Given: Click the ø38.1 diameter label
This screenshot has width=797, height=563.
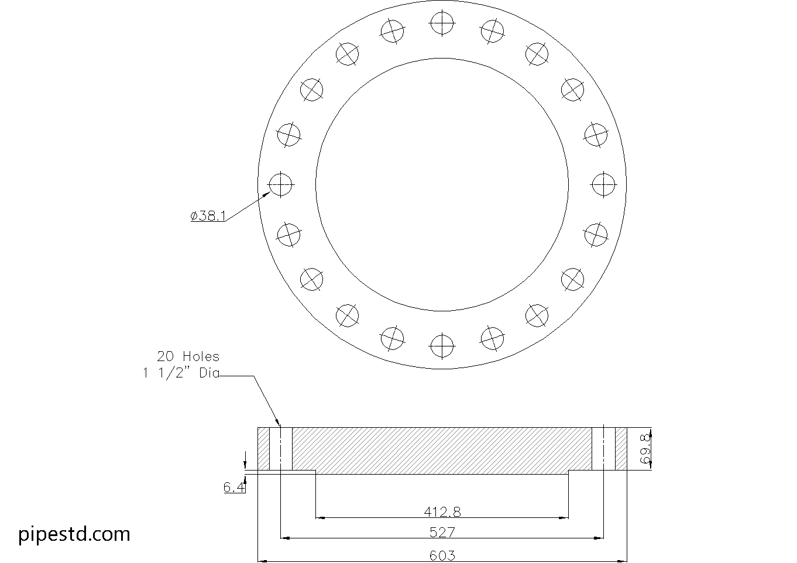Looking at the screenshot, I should click(x=208, y=216).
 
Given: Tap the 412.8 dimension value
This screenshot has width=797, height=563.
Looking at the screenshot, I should click(x=442, y=512).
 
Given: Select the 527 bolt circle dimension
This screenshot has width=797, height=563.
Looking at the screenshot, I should click(x=442, y=533).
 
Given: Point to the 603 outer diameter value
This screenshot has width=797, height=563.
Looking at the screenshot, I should click(x=442, y=555).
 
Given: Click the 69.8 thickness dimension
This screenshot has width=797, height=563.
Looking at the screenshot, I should click(x=645, y=449).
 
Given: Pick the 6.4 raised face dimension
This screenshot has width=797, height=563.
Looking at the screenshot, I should click(x=234, y=487).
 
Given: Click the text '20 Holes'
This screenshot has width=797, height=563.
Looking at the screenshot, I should click(x=188, y=356).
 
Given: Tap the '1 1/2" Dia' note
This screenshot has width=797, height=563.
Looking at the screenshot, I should click(x=181, y=373).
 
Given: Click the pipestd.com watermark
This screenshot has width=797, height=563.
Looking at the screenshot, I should click(x=74, y=534).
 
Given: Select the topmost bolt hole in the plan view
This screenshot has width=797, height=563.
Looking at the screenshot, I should click(x=442, y=23).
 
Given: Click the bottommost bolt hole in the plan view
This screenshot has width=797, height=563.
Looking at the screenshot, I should click(x=442, y=345).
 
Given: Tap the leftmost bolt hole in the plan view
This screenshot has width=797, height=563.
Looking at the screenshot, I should click(x=280, y=184).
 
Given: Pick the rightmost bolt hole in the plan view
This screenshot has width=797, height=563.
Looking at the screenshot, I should click(x=603, y=184).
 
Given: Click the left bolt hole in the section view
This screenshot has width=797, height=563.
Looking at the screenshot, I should click(x=281, y=449).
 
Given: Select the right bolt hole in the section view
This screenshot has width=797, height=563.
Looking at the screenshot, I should click(x=603, y=449).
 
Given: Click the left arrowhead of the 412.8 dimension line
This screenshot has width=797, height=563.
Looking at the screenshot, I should click(x=320, y=517).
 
